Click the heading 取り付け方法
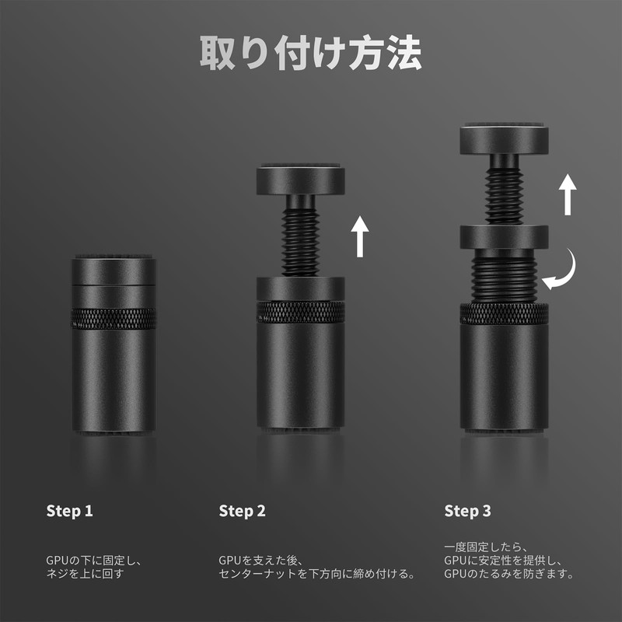(x=310, y=52)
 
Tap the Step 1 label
(x=69, y=511)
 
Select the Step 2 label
(x=242, y=511)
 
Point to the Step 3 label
(x=467, y=511)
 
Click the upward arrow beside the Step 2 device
(x=360, y=236)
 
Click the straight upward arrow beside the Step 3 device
(x=568, y=194)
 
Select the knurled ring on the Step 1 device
(x=114, y=319)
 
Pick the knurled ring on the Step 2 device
(x=300, y=312)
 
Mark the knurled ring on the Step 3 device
(x=504, y=313)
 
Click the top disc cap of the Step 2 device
(x=300, y=180)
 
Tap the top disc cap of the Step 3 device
(x=504, y=139)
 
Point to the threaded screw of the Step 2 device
(x=300, y=243)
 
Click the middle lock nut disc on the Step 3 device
(x=504, y=237)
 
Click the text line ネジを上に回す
(x=86, y=574)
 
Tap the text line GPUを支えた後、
(x=260, y=560)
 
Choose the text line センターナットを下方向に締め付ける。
(x=316, y=574)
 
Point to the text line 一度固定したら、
(x=485, y=547)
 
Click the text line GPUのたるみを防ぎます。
(x=508, y=574)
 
